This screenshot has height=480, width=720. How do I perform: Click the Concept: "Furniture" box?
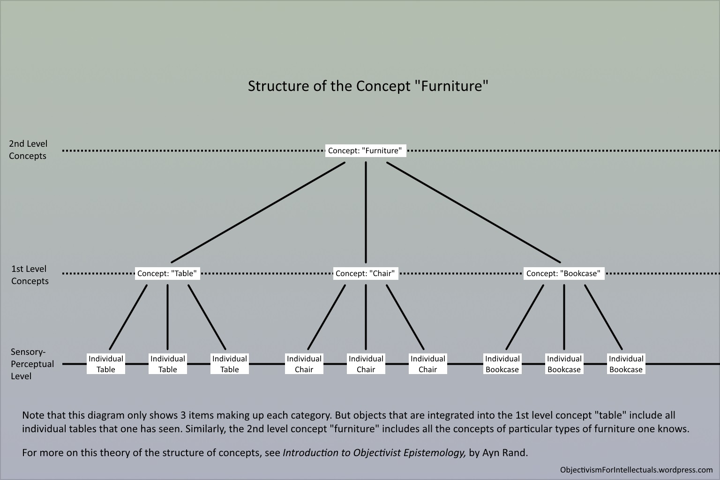click(365, 150)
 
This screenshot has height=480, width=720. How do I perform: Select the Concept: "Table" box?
click(167, 273)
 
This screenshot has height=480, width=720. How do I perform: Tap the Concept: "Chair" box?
click(365, 273)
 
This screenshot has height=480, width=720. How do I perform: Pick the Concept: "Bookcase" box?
click(563, 273)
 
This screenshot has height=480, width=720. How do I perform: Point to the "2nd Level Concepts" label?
click(28, 150)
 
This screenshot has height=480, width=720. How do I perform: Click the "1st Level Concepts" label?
click(30, 275)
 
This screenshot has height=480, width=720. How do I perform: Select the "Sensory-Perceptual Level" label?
click(32, 364)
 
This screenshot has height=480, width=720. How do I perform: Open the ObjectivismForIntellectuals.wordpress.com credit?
click(636, 470)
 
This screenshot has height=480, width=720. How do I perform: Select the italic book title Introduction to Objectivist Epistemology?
click(374, 453)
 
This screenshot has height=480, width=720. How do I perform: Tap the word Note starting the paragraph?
click(34, 415)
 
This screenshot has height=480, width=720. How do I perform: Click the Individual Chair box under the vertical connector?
click(366, 364)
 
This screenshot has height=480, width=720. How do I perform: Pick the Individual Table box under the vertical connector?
click(167, 364)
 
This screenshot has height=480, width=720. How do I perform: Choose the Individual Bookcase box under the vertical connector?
click(564, 364)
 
